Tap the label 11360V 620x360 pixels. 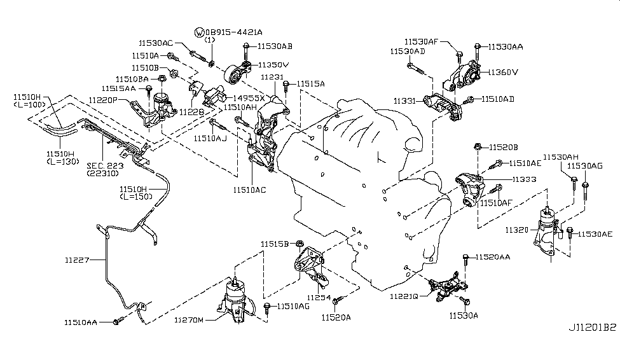503,72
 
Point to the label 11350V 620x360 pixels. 273,65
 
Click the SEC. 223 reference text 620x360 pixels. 104,163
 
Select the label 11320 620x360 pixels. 517,228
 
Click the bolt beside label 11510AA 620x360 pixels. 118,322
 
